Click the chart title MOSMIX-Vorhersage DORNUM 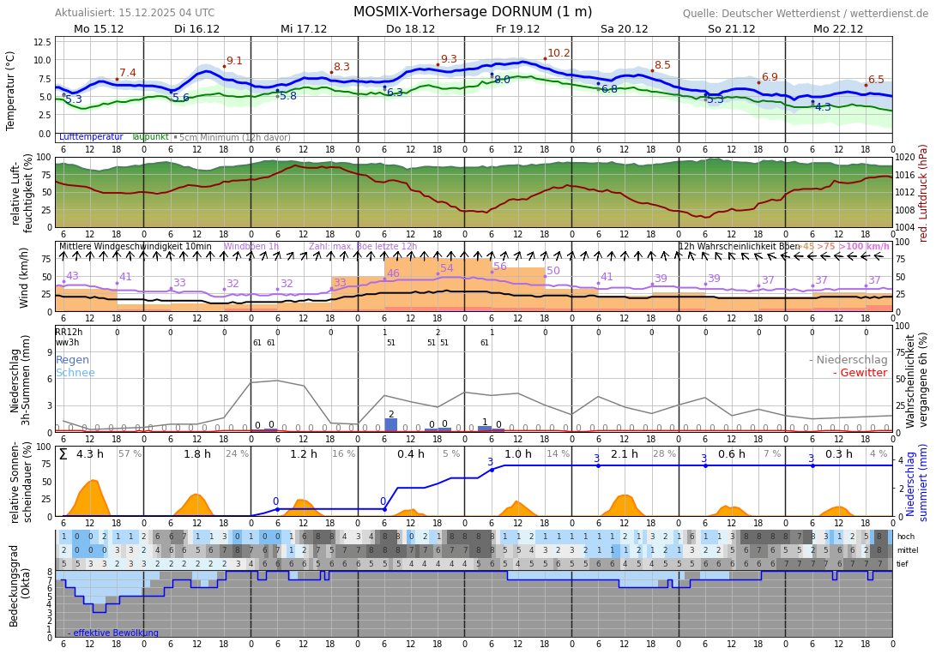tap(473, 12)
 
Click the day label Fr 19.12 tap(517, 29)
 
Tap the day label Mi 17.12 tap(304, 29)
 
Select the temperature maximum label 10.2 tap(559, 53)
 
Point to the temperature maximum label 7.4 tap(128, 73)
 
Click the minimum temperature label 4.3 tap(823, 107)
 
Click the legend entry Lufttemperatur tap(90, 137)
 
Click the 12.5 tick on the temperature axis tap(42, 42)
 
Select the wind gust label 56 tap(500, 267)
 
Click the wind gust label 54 tap(447, 268)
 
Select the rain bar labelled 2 tap(391, 424)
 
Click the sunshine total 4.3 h tap(89, 454)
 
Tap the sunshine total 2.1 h tap(624, 454)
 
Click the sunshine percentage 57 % tap(130, 454)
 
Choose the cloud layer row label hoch tap(906, 537)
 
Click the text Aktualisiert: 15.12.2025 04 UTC tap(135, 13)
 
